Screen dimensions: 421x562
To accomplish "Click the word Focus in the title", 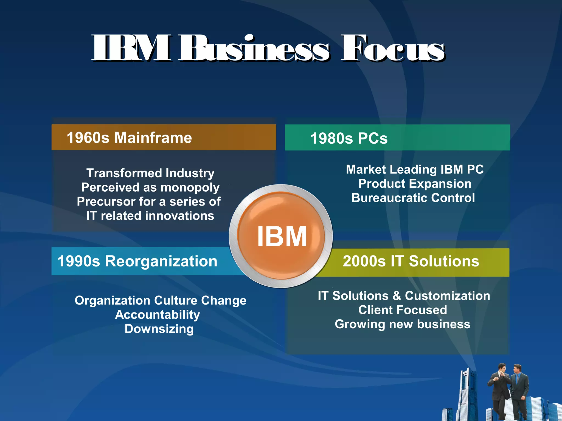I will click(x=392, y=49).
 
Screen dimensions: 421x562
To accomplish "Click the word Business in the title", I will click(x=254, y=49).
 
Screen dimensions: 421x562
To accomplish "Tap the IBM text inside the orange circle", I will click(x=282, y=237).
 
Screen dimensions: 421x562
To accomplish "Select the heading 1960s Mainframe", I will click(x=129, y=138).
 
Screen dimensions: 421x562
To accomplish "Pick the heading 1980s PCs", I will click(x=349, y=138).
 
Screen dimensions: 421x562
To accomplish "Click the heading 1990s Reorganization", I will click(x=137, y=261).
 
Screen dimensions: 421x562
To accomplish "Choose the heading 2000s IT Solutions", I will click(x=411, y=261).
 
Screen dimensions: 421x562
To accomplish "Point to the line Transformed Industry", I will click(x=150, y=173).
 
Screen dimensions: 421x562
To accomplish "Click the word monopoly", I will click(x=190, y=188).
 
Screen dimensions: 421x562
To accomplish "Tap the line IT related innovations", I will click(x=150, y=216).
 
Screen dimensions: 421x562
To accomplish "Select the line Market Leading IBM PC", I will click(x=415, y=169).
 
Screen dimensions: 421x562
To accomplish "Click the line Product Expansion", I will click(x=415, y=184).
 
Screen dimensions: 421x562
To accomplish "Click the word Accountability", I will click(x=158, y=315).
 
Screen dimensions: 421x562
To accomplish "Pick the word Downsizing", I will click(x=159, y=329).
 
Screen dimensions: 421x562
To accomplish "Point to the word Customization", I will click(x=447, y=296).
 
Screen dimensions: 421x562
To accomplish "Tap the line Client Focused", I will click(x=403, y=310).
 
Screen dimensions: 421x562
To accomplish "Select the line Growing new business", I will click(x=403, y=324).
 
